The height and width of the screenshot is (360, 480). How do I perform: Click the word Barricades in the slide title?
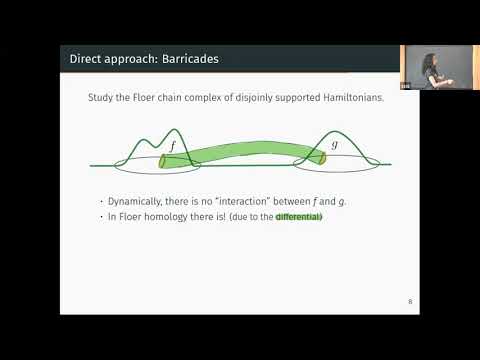point(187,59)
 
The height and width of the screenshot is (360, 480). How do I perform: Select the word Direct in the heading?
point(85,59)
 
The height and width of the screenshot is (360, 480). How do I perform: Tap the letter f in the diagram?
point(172,146)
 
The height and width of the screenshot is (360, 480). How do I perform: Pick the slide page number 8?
point(410,300)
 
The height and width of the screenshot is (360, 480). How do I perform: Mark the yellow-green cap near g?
point(322,155)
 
